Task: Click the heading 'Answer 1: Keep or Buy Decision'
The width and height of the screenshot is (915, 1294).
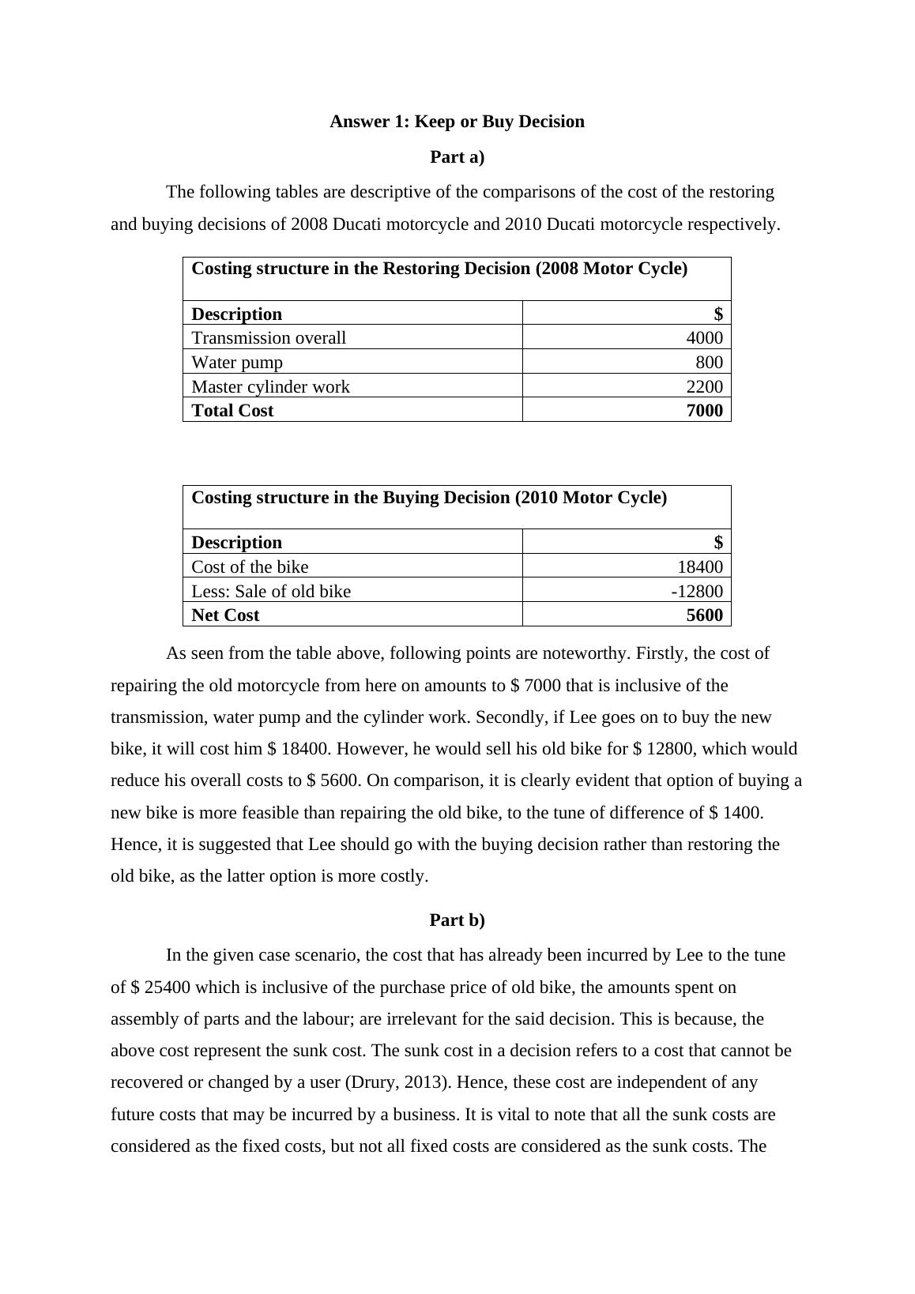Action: tap(457, 122)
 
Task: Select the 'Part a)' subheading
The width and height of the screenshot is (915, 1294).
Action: tap(457, 157)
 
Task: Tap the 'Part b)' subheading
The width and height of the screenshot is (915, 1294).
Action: tap(457, 920)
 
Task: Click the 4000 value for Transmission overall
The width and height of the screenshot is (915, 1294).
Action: tap(704, 338)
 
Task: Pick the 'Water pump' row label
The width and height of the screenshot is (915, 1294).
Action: tap(237, 363)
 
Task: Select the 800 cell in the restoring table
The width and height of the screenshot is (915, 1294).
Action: tap(709, 363)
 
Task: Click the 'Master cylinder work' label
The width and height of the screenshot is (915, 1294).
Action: tap(270, 387)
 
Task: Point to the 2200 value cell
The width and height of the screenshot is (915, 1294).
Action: tap(704, 387)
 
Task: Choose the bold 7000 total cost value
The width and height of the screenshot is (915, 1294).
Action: tap(704, 411)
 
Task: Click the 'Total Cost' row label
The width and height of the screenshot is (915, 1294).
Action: tap(232, 411)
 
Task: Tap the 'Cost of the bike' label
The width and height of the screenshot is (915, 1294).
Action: tap(250, 567)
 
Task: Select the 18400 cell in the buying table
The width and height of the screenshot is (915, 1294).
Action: tap(700, 567)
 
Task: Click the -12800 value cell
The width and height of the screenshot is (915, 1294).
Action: tap(697, 592)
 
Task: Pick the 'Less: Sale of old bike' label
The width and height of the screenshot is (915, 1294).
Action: tap(271, 592)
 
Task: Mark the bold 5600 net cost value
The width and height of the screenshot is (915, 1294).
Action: tap(704, 615)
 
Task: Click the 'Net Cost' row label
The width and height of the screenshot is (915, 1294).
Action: tap(225, 615)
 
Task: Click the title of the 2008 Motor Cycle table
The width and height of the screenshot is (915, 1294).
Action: tap(439, 269)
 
